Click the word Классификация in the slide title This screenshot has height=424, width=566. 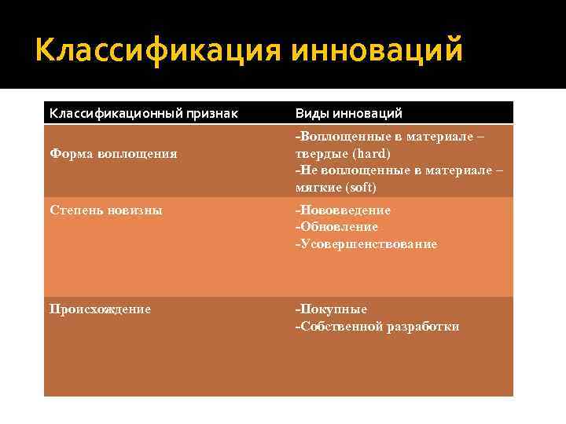click(158, 51)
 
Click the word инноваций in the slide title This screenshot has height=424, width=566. click(377, 51)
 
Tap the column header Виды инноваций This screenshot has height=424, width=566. click(348, 113)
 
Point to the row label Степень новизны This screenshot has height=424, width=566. click(106, 210)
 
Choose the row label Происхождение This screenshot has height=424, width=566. click(100, 309)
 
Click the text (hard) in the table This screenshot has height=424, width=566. click(370, 153)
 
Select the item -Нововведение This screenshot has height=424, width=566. click(343, 210)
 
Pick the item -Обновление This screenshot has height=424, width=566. click(336, 227)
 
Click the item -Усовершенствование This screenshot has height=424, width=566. click(366, 244)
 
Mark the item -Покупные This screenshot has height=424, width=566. click(331, 309)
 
